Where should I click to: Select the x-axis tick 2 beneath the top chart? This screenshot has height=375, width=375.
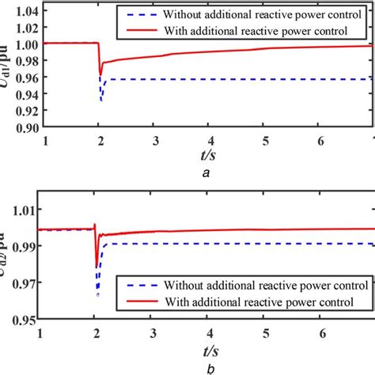(100, 140)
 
